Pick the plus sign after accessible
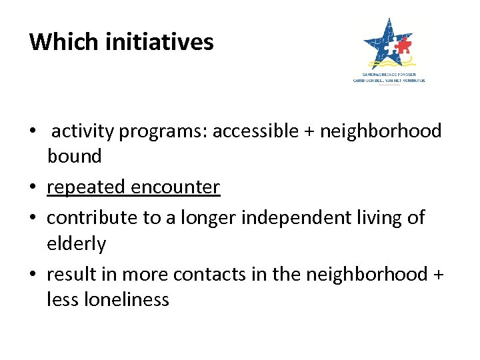[x=308, y=132]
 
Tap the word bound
[x=74, y=157]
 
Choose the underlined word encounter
[x=175, y=188]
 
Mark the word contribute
[x=91, y=217]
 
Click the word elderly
[x=76, y=244]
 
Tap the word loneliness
[x=127, y=300]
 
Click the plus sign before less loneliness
[x=437, y=275]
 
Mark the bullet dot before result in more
[x=33, y=275]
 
